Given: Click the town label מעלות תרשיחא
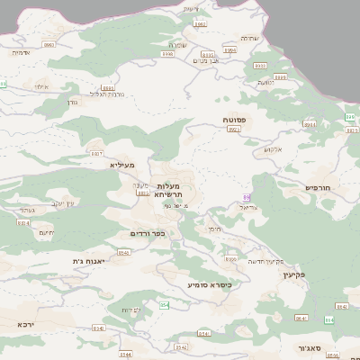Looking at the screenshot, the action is (x=169, y=191).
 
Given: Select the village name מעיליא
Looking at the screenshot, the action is (x=122, y=166).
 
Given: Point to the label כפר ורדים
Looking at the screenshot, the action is (x=146, y=233).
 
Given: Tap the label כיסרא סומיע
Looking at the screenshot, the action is (x=210, y=284).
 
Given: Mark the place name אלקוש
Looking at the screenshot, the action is (x=274, y=148).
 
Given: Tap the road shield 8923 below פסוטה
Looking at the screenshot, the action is (x=234, y=130).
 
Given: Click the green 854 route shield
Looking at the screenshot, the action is (x=164, y=305).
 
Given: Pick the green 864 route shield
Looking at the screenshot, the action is (x=329, y=319).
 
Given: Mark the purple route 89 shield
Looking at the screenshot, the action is (x=247, y=197).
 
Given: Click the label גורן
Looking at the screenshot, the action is (x=72, y=102).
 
